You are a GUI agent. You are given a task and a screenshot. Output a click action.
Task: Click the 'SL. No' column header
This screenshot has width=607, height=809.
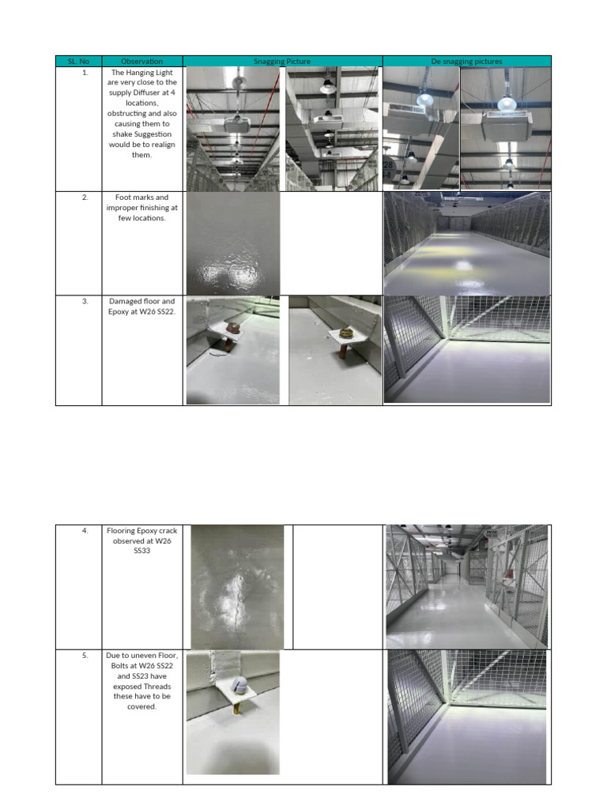click(x=78, y=61)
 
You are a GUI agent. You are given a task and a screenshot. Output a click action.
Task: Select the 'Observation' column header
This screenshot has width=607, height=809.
click(x=142, y=61)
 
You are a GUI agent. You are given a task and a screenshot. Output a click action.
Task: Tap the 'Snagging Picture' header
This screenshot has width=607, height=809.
click(x=282, y=61)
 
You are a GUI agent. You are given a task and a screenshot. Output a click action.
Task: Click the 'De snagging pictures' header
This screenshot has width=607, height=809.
click(x=466, y=61)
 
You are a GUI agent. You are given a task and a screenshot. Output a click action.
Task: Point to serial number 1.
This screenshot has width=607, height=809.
click(x=85, y=72)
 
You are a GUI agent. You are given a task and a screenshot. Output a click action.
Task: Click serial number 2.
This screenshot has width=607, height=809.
click(x=85, y=198)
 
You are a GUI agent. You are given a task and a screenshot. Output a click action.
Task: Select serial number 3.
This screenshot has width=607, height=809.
click(x=85, y=301)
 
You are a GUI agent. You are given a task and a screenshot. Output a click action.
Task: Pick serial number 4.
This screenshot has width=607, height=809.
click(x=85, y=531)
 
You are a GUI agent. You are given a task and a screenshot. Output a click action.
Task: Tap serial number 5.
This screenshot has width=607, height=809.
click(x=85, y=656)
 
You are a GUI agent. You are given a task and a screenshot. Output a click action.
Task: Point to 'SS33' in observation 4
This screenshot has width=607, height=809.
click(x=142, y=551)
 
